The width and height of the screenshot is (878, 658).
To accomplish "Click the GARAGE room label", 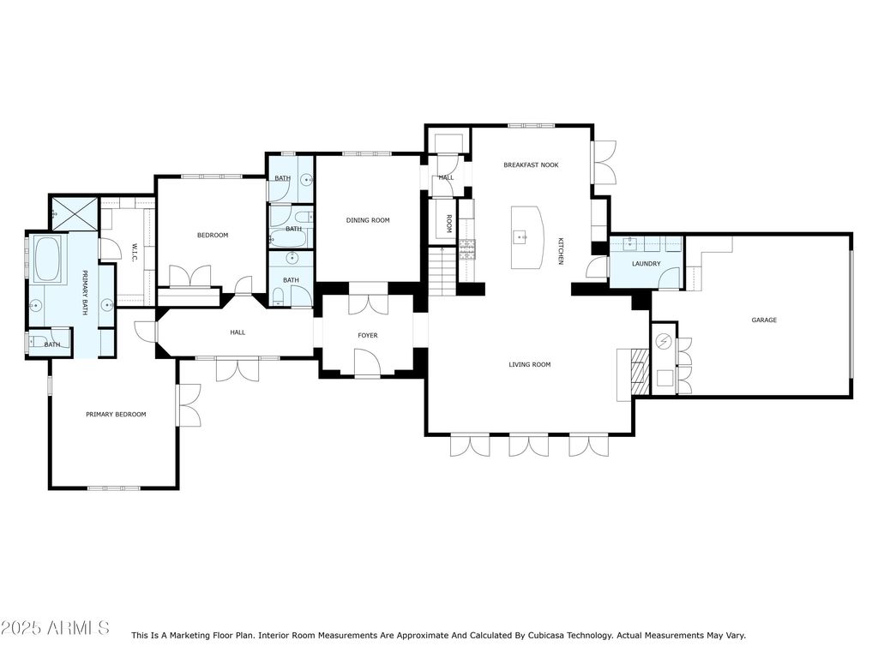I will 764,320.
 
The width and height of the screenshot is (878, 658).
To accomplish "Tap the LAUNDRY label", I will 646,264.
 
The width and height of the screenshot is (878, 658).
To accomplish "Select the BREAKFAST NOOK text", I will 531,164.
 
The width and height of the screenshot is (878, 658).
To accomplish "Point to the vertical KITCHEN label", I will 561,250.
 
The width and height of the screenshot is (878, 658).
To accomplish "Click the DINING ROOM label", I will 368,220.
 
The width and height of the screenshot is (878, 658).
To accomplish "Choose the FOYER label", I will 367,335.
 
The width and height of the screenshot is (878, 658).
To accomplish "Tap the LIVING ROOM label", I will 529,365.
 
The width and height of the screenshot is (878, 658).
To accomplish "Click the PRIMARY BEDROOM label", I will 116,415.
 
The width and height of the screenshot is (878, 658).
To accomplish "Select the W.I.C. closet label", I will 135,253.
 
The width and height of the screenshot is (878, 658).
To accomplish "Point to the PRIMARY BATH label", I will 85,293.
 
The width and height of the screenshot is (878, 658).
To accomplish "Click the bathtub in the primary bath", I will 48,259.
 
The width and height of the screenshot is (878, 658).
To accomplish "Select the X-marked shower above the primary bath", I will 72,213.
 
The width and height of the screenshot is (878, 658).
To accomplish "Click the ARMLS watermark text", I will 55,628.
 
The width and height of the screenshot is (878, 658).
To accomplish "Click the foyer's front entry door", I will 368,363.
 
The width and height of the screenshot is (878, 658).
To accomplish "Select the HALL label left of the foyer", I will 238,332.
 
